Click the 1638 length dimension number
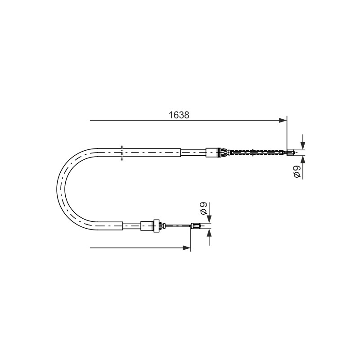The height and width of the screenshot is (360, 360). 179,115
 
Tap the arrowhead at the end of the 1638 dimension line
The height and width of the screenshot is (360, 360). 283,120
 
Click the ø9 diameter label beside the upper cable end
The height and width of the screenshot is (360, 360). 297,172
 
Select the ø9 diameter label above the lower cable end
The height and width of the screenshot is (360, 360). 204,208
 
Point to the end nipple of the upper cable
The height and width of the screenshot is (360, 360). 291,153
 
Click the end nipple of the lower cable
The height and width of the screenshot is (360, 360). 196,226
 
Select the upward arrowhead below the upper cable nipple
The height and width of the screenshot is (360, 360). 303,160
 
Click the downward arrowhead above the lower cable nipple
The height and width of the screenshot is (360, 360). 209,219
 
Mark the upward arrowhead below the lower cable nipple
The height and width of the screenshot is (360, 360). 209,233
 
